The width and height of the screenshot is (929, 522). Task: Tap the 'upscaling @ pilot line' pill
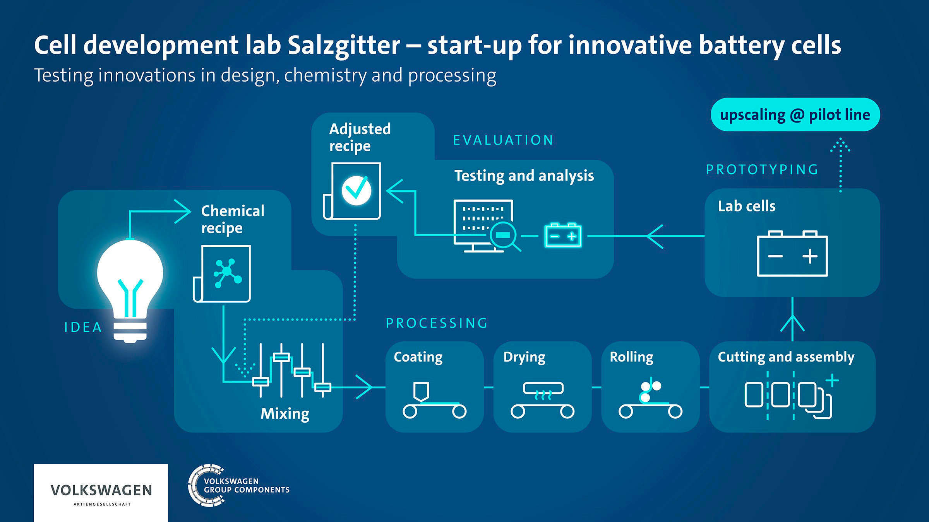[x=795, y=115]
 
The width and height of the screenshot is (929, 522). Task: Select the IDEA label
[x=83, y=327]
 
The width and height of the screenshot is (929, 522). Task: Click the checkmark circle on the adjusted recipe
[x=357, y=190]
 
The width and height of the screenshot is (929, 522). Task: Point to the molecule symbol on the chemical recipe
[x=227, y=273]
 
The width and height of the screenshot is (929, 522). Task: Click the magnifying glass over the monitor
[x=504, y=235]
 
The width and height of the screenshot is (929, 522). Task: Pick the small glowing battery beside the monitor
[x=563, y=235]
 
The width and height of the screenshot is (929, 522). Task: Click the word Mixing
[x=285, y=414]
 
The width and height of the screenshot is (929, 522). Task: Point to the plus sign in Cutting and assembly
[x=832, y=380]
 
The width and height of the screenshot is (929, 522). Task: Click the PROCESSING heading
[x=437, y=323]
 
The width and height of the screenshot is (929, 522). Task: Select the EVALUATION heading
[x=503, y=140]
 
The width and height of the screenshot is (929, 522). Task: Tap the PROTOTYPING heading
[x=762, y=170]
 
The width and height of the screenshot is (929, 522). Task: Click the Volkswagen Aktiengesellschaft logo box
[x=101, y=493]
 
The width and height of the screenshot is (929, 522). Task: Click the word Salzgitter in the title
[x=344, y=45]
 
